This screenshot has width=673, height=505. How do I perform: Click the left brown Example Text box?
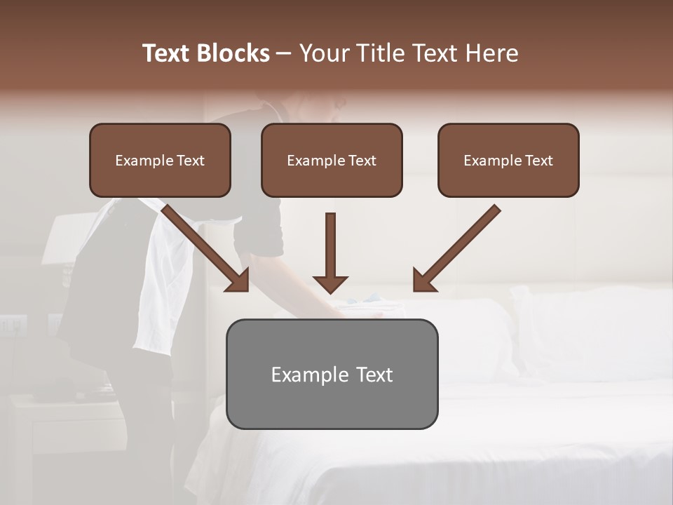[x=160, y=161]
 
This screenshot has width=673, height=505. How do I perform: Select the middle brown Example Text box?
[x=332, y=161]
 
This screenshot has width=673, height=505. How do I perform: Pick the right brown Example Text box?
[x=508, y=161]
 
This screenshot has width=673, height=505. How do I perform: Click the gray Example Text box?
[x=332, y=375]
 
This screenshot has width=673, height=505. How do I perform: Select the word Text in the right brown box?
[x=538, y=161]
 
